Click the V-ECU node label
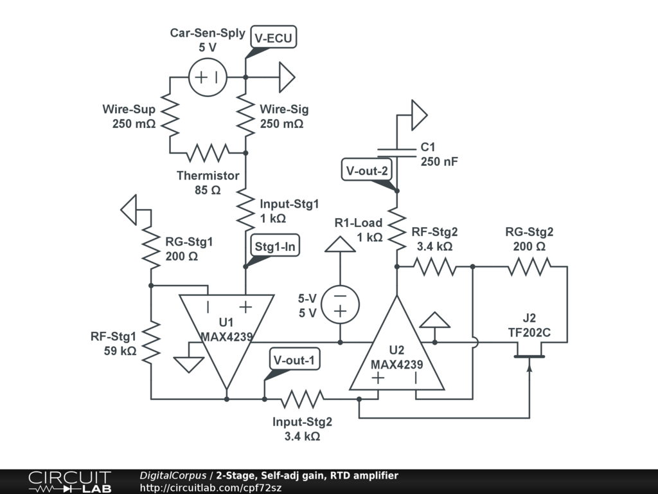[273, 38]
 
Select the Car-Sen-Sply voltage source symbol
[208, 77]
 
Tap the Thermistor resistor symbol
[208, 153]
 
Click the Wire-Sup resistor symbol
[170, 115]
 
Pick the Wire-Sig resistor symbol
[246, 115]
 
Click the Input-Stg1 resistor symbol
[246, 209]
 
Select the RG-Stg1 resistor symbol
[150, 248]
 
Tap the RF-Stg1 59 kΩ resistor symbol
[150, 342]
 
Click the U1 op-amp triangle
[227, 334]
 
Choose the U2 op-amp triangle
[396, 351]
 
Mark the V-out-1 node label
[294, 360]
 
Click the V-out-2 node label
[367, 171]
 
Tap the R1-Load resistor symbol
[397, 228]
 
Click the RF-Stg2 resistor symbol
[434, 266]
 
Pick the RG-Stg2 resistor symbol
[529, 266]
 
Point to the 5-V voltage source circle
[340, 304]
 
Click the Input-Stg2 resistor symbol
[302, 399]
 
